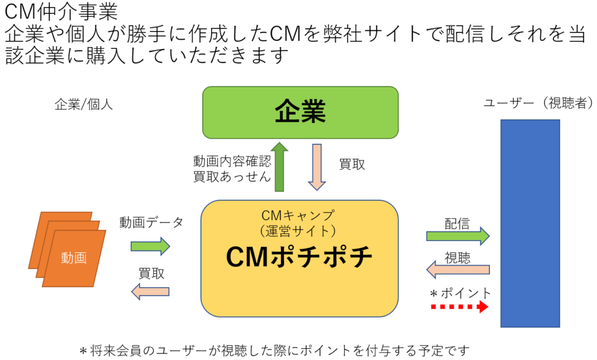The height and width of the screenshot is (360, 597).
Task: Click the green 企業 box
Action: click(x=300, y=112)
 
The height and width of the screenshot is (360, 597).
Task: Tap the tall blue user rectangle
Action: click(x=530, y=223)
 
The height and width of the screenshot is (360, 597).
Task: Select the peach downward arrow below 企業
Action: click(x=317, y=167)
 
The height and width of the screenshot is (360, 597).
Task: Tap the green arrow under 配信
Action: click(x=458, y=236)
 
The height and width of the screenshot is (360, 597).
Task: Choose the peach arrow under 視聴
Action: click(x=458, y=270)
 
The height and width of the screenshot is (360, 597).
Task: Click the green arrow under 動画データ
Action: click(x=150, y=246)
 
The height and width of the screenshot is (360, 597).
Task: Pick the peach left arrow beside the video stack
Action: click(x=150, y=291)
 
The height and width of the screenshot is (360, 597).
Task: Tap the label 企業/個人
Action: click(x=83, y=105)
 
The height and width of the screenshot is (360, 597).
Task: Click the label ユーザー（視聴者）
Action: click(x=538, y=104)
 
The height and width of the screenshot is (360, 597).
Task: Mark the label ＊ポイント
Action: click(x=460, y=292)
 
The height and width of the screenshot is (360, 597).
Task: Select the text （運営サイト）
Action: click(x=298, y=231)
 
